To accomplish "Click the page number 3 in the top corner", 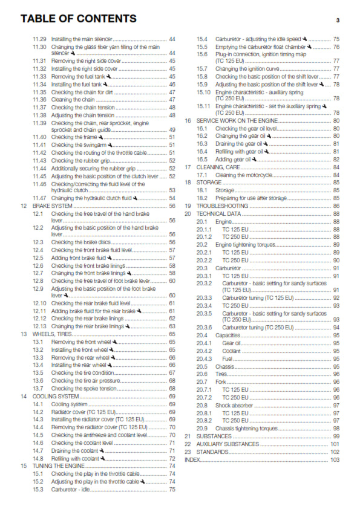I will coord(338,20).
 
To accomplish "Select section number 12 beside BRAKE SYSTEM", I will coord(23,206).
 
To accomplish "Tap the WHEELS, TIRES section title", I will coord(52,334).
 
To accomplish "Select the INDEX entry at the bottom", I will coord(192,459).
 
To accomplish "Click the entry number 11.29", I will coord(39,39).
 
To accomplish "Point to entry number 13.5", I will coord(38,372).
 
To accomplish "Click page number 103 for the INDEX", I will coord(335,459).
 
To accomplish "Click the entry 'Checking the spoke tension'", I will coord(82,388).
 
